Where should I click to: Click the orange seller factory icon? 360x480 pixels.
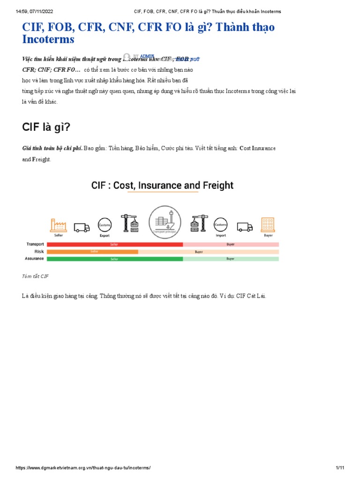59,225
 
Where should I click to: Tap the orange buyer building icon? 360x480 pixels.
268,225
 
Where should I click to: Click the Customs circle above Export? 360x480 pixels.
104,225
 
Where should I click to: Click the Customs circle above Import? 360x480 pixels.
221,225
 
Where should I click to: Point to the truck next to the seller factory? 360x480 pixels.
82,227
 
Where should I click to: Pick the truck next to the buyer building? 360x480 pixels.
245,227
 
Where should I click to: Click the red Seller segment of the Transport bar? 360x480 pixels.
114,245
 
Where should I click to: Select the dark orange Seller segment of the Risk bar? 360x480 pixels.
92,252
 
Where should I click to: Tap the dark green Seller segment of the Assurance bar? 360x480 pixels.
114,259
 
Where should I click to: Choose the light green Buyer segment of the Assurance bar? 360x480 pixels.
231,259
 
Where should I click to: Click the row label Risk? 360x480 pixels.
39,252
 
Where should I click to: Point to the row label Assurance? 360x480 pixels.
34,259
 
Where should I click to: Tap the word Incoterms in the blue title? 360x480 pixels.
48,39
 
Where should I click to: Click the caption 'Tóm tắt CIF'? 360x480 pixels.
35,277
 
